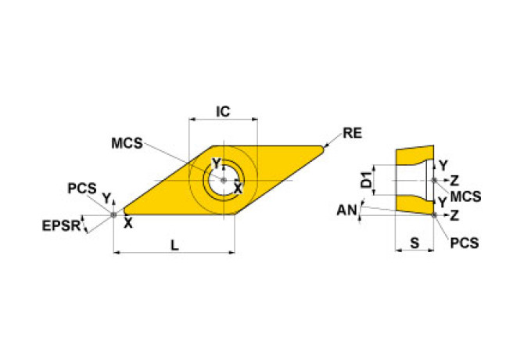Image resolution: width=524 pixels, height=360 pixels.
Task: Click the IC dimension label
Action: pyautogui.click(x=223, y=112)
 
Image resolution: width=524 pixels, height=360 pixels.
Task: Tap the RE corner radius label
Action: pyautogui.click(x=353, y=133)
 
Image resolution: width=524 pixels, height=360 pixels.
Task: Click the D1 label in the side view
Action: pyautogui.click(x=365, y=181)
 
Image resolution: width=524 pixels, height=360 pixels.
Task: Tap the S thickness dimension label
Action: pyautogui.click(x=415, y=244)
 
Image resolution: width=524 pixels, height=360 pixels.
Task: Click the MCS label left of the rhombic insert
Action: pyautogui.click(x=126, y=143)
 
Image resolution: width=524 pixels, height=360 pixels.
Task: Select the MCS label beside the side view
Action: pyautogui.click(x=466, y=195)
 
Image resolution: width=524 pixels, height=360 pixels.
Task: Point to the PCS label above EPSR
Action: pyautogui.click(x=81, y=189)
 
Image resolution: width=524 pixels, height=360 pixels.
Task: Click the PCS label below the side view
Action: pyautogui.click(x=464, y=243)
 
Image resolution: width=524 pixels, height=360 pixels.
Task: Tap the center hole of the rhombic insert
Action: pyautogui.click(x=223, y=180)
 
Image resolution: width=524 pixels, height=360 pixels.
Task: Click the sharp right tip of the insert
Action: pyautogui.click(x=322, y=146)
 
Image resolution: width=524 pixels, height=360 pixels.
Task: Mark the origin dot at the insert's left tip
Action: pyautogui.click(x=114, y=214)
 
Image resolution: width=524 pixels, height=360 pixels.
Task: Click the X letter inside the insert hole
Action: pyautogui.click(x=238, y=188)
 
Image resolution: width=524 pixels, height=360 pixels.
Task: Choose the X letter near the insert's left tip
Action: pyautogui.click(x=128, y=223)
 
